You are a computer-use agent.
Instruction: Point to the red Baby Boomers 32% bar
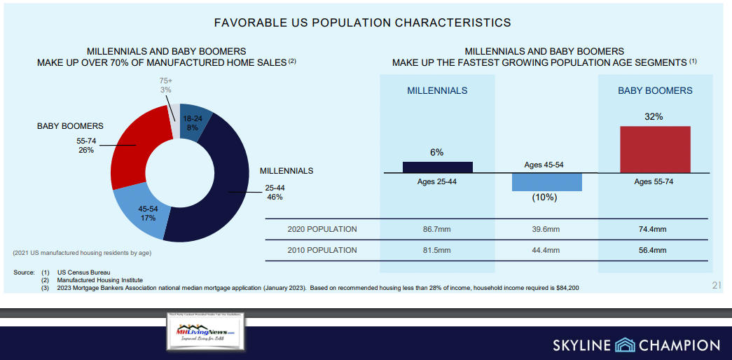pyautogui.click(x=655, y=149)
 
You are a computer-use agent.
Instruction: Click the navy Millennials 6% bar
pyautogui.click(x=437, y=167)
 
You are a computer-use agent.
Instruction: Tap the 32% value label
pyautogui.click(x=654, y=117)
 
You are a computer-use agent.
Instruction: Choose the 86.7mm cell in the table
pyautogui.click(x=437, y=229)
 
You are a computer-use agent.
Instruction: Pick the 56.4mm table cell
pyautogui.click(x=652, y=250)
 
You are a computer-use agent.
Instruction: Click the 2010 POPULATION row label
pyautogui.click(x=322, y=250)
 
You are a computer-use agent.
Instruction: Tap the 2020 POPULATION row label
pyautogui.click(x=322, y=229)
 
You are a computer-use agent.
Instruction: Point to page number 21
pyautogui.click(x=715, y=283)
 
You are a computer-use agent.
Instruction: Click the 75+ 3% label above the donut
pyautogui.click(x=165, y=85)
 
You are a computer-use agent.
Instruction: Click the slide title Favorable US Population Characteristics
pyautogui.click(x=362, y=22)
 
